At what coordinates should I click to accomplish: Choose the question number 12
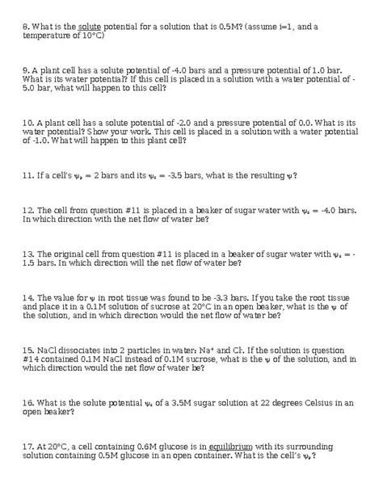[29, 209]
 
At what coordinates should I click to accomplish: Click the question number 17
[29, 445]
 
